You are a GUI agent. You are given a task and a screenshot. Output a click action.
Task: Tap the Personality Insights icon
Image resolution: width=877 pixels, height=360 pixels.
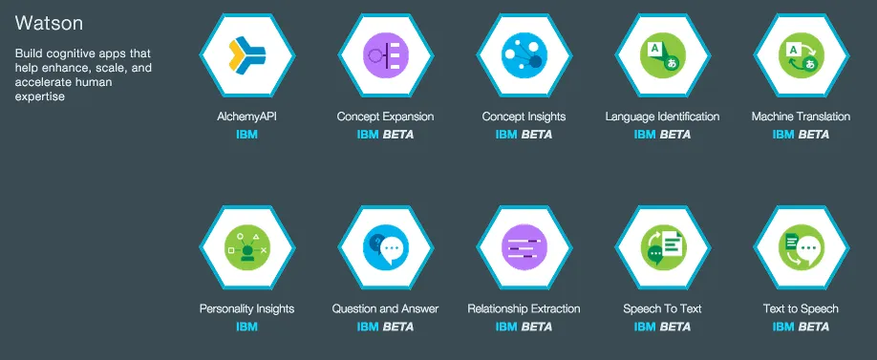point(246,247)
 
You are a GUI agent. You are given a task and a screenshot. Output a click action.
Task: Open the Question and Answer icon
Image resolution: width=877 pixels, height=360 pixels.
point(385,247)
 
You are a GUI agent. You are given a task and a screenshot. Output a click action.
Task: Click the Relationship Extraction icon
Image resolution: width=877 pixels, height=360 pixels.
point(524,247)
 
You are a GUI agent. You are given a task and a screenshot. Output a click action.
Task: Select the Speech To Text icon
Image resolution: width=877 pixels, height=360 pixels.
point(662,247)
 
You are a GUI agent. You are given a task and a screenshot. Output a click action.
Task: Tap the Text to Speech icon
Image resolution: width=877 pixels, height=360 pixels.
point(801,247)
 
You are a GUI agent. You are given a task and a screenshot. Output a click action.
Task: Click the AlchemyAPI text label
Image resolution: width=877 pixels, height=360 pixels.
point(246,116)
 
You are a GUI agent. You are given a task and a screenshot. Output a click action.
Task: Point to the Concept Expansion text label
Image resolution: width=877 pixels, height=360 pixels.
point(385,116)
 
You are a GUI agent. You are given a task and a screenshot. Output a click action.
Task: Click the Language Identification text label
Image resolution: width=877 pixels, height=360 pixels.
point(662,116)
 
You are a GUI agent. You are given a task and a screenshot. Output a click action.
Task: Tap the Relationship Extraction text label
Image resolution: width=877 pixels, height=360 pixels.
point(524,308)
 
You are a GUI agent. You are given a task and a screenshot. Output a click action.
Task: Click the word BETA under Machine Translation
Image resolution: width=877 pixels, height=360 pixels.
point(813,135)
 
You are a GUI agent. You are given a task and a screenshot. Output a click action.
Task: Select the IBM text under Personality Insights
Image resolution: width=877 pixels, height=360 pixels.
point(246,327)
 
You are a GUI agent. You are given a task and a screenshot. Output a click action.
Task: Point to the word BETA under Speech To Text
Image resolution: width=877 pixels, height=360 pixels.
point(674,327)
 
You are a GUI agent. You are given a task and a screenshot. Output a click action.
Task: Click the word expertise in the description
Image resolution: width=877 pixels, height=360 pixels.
point(40,96)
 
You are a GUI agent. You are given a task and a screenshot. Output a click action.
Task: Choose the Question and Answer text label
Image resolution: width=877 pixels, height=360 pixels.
point(385,308)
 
